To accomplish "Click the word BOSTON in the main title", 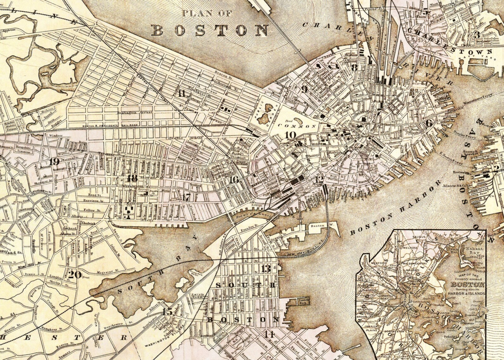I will click(209, 30).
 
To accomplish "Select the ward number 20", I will click(75, 274).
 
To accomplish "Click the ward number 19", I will click(55, 162).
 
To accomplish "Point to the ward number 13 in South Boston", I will click(266, 269).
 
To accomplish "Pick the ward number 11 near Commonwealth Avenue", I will click(182, 93).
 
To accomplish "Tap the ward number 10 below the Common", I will click(290, 135).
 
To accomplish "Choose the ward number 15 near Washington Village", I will click(168, 311).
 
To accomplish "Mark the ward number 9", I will click(305, 90).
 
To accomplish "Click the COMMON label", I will click(297, 126).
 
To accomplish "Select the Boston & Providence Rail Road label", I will click(104, 126).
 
